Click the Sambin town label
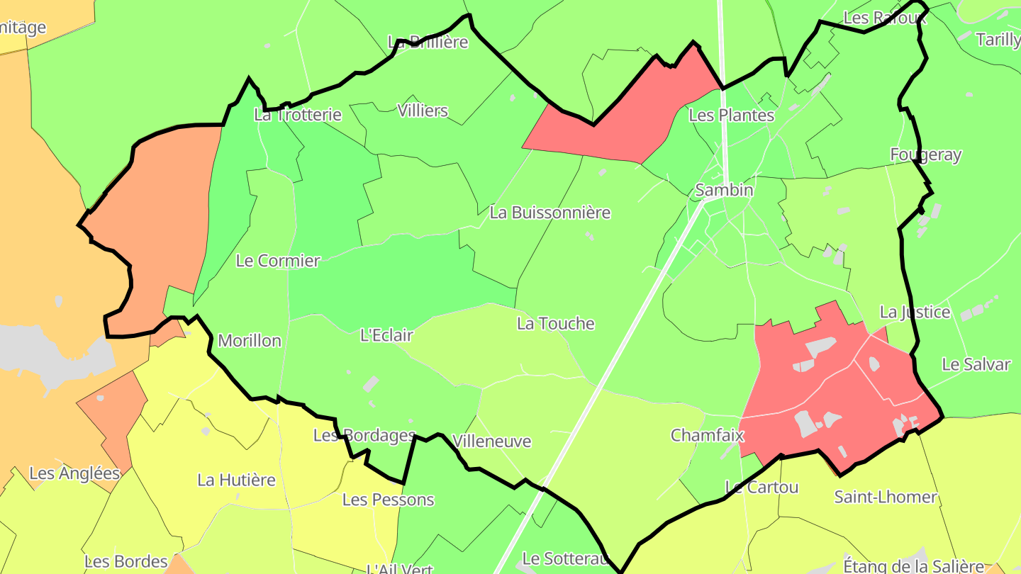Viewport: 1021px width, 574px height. tap(724, 190)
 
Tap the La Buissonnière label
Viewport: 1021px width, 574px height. tap(549, 213)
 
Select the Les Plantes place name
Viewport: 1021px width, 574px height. tap(732, 115)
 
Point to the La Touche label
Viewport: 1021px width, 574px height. tap(555, 324)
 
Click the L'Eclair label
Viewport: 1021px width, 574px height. tap(386, 335)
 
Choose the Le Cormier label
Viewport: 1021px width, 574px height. tap(278, 261)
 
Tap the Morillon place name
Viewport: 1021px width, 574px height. tap(250, 341)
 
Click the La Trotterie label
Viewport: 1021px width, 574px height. tap(298, 115)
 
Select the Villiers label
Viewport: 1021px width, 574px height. tap(423, 111)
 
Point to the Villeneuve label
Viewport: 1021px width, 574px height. tap(491, 441)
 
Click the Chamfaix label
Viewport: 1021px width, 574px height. tap(708, 435)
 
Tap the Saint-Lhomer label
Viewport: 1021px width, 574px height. tap(886, 497)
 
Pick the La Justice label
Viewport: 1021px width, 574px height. tap(915, 312)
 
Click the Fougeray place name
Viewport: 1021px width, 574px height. tap(926, 155)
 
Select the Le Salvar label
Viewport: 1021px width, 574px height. tap(976, 364)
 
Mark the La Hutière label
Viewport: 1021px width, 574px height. tap(236, 480)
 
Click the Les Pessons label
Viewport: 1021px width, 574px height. tap(388, 500)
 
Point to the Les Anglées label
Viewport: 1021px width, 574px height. tap(74, 473)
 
